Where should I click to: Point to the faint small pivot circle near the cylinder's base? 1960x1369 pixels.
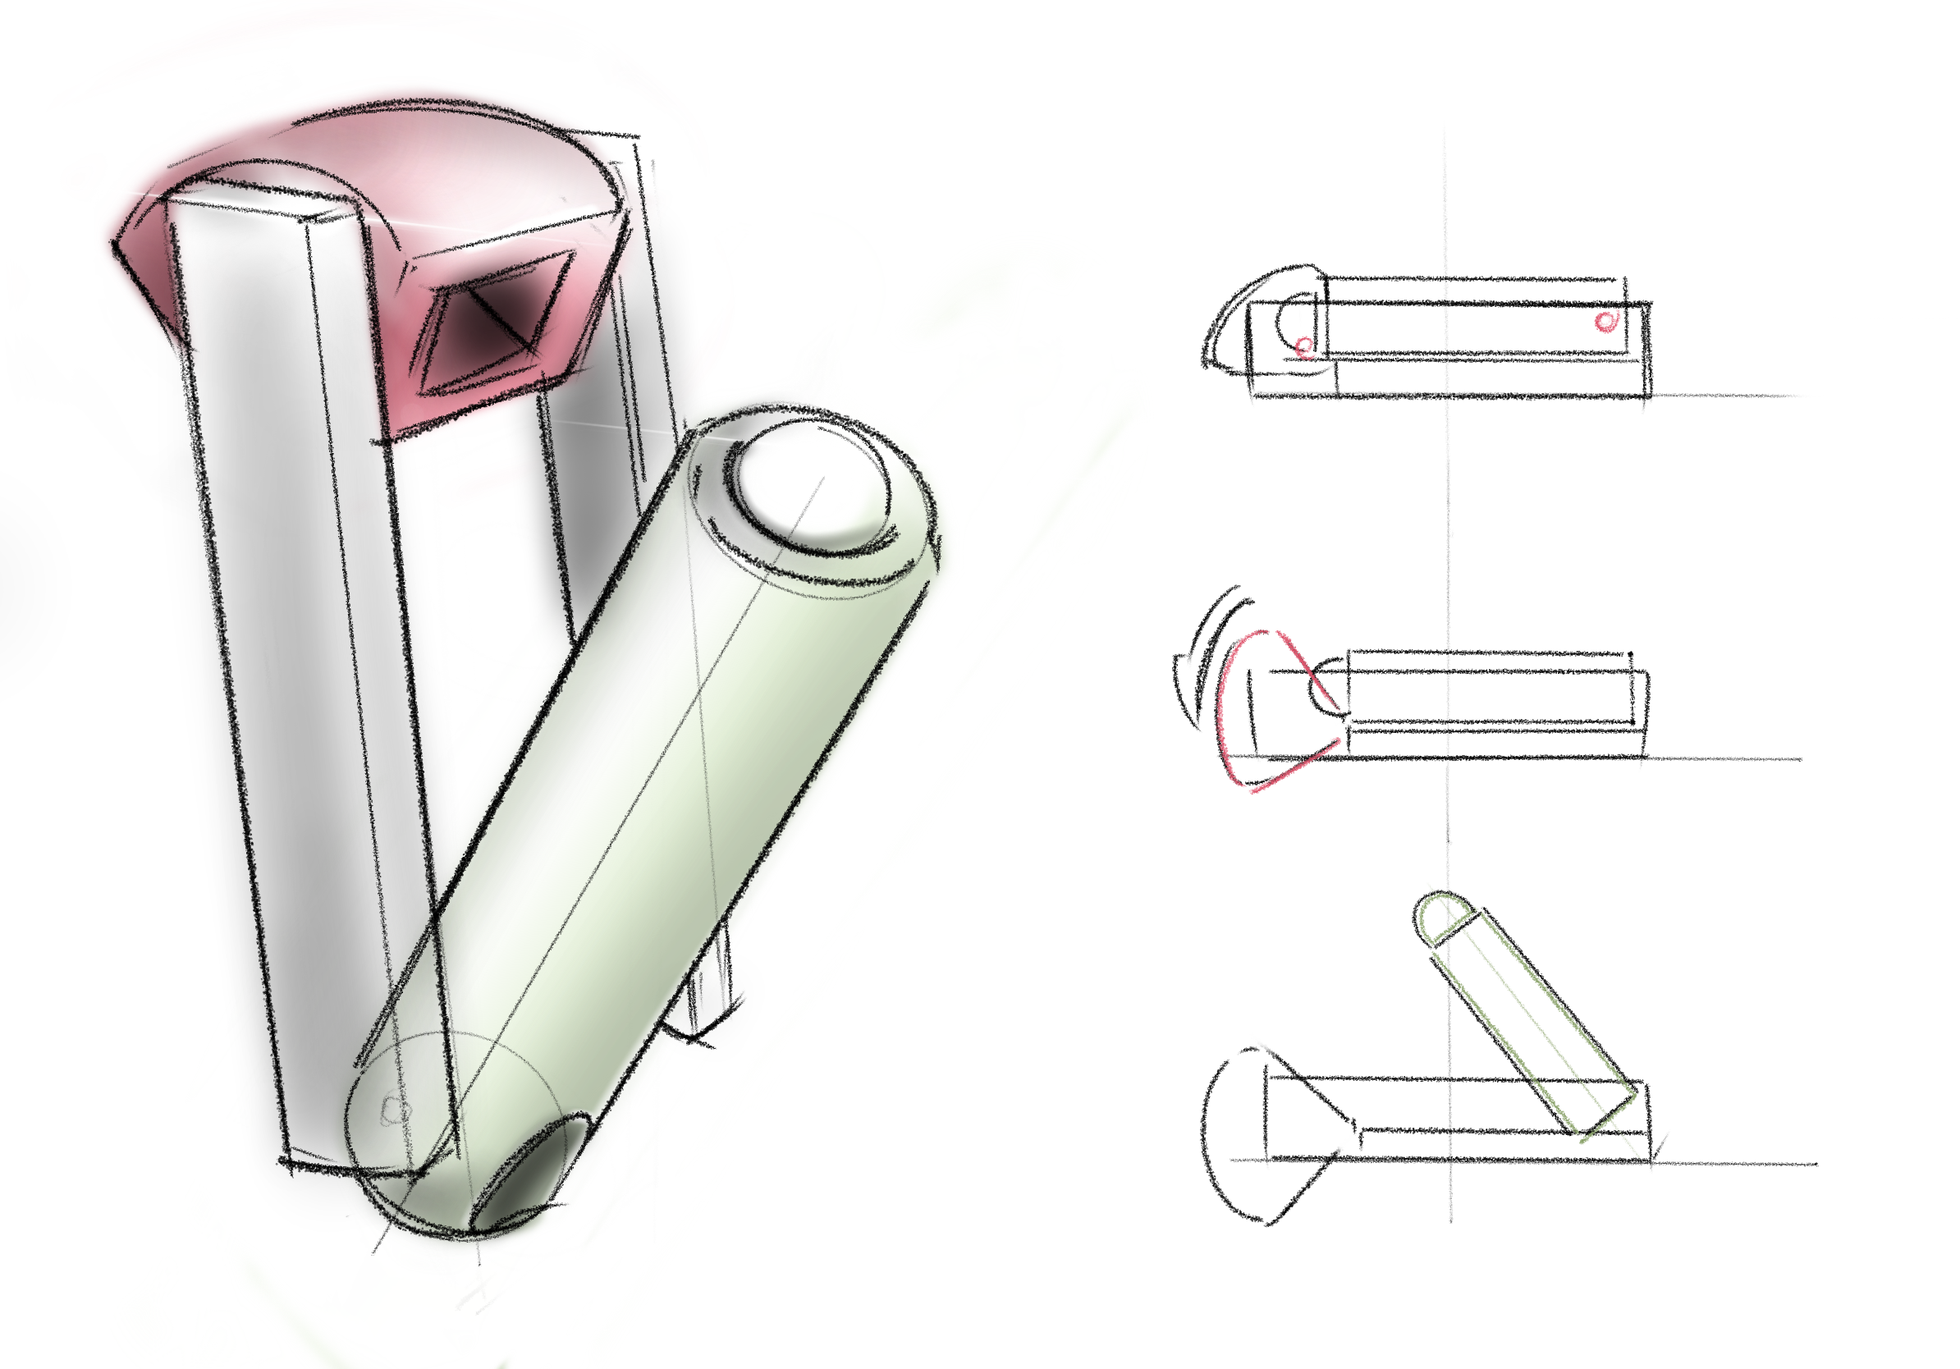[x=395, y=1110]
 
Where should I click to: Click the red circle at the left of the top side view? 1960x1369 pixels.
[x=1303, y=346]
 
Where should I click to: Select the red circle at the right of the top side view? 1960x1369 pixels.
[x=1605, y=321]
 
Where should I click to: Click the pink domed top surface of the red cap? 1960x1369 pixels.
[x=478, y=171]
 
